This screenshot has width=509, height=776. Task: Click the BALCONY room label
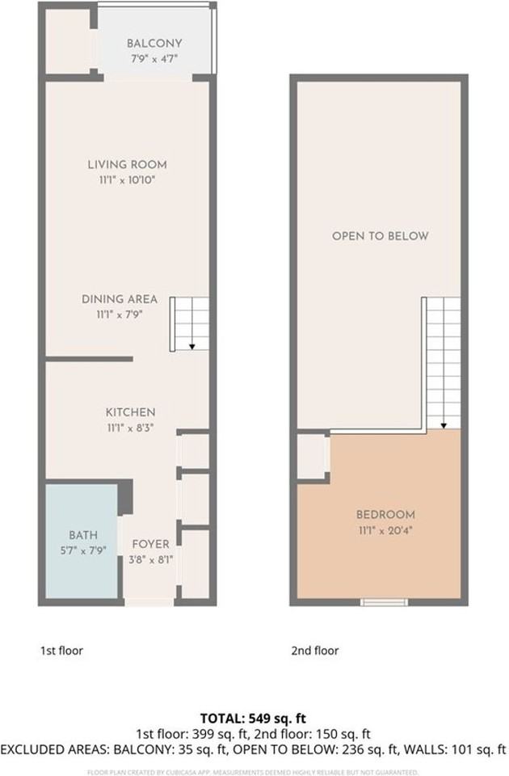[x=154, y=43]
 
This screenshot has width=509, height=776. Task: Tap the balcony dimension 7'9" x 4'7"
[x=154, y=57]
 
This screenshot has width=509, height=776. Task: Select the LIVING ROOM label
[x=128, y=165]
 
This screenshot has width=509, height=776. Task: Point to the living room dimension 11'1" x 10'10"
[x=128, y=179]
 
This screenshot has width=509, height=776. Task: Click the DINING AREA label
[x=120, y=299]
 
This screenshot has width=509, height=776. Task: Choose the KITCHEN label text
[x=130, y=412]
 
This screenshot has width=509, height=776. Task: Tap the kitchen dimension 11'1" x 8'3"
[x=130, y=427]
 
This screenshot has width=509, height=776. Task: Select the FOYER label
[x=150, y=544]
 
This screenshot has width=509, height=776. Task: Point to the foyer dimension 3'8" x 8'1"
[x=150, y=559]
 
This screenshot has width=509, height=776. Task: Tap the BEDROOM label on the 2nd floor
[x=385, y=515]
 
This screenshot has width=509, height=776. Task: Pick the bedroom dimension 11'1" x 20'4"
[x=385, y=529]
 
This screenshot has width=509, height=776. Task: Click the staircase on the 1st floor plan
[x=189, y=323]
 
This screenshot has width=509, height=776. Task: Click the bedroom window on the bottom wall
[x=384, y=601]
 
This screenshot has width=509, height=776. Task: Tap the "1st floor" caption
[x=61, y=650]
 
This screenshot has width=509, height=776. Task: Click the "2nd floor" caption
[x=315, y=650]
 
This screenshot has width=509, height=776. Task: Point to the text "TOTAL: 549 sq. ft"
[x=254, y=718]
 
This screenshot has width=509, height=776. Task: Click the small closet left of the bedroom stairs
[x=312, y=457]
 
